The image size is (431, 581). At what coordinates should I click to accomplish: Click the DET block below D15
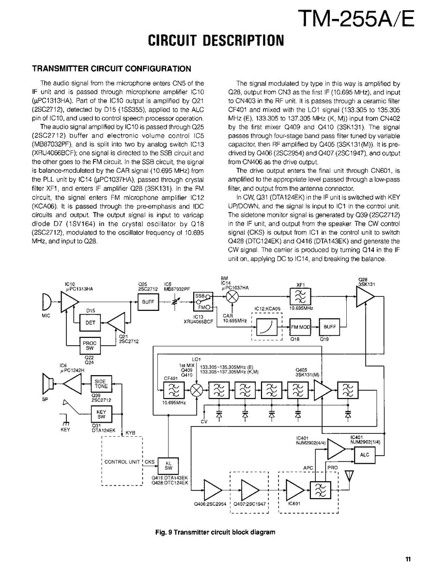click(x=91, y=322)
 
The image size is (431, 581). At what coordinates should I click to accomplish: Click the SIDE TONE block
click(x=102, y=383)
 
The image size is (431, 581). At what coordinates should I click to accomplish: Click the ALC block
click(x=365, y=455)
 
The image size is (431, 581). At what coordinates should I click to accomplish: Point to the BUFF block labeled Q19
click(x=330, y=327)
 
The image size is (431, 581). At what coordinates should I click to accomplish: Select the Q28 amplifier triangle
click(x=364, y=297)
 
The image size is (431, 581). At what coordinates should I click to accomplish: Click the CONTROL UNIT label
click(x=122, y=461)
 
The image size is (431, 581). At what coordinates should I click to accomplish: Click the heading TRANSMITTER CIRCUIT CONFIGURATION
click(x=111, y=68)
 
